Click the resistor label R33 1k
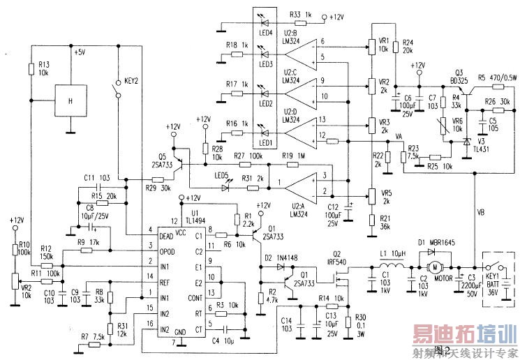point(302,15)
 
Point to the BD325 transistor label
point(461,80)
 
